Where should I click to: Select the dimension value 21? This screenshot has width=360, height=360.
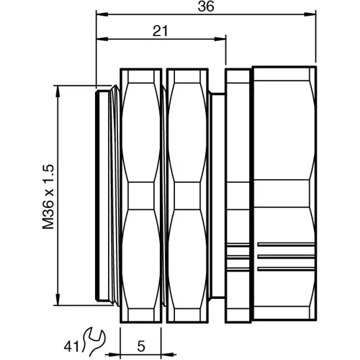click(162, 30)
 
